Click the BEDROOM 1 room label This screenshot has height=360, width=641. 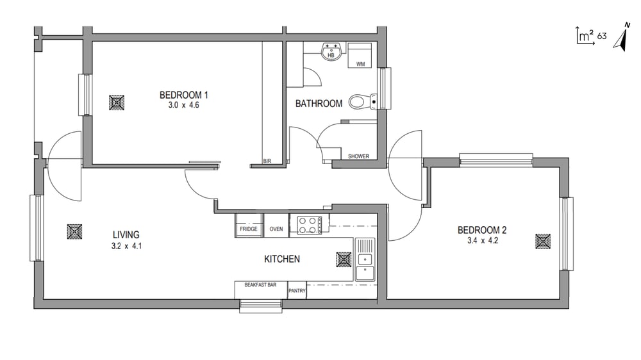[x=183, y=95]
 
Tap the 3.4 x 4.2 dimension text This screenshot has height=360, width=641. [x=483, y=241]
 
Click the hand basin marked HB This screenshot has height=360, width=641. [x=331, y=51]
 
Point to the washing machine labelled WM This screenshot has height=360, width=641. [x=360, y=56]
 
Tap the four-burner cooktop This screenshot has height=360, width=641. [x=309, y=225]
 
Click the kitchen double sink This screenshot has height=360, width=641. [x=365, y=259]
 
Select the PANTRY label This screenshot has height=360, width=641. [x=297, y=291]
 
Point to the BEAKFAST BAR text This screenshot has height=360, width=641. [x=260, y=285]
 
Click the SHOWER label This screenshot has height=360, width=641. [x=358, y=156]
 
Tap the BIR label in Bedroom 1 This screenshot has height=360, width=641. [x=267, y=161]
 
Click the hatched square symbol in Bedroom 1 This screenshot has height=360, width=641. [x=117, y=102]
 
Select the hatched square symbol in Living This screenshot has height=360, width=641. [x=74, y=232]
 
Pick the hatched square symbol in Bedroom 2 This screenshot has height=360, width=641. [x=543, y=241]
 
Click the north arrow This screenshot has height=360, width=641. [x=622, y=38]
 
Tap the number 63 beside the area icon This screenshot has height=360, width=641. [x=602, y=36]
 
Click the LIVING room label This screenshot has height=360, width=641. [x=126, y=235]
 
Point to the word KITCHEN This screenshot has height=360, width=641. [x=282, y=259]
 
